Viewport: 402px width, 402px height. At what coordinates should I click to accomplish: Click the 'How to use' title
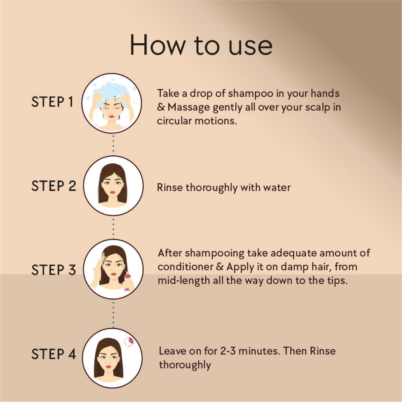[x=201, y=45]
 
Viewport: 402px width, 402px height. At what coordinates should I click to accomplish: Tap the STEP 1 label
[x=52, y=102]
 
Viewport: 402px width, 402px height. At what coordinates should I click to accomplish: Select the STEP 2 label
[x=54, y=186]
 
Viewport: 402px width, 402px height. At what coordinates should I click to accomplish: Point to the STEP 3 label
[x=54, y=270]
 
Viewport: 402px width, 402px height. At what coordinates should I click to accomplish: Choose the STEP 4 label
[x=54, y=354]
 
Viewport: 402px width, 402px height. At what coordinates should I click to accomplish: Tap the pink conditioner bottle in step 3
[x=127, y=281]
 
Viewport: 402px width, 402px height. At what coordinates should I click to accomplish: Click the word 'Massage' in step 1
[x=189, y=108]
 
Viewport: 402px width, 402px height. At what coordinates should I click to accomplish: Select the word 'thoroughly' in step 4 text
[x=185, y=365]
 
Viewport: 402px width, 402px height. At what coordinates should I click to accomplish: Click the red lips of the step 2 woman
[x=113, y=192]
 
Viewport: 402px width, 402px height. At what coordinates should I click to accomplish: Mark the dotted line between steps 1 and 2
[x=113, y=144]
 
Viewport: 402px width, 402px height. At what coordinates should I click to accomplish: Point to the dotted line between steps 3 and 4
[x=113, y=314]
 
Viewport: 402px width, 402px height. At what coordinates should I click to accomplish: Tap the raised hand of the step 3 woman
[x=98, y=269]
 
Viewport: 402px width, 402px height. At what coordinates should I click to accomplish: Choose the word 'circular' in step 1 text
[x=174, y=121]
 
